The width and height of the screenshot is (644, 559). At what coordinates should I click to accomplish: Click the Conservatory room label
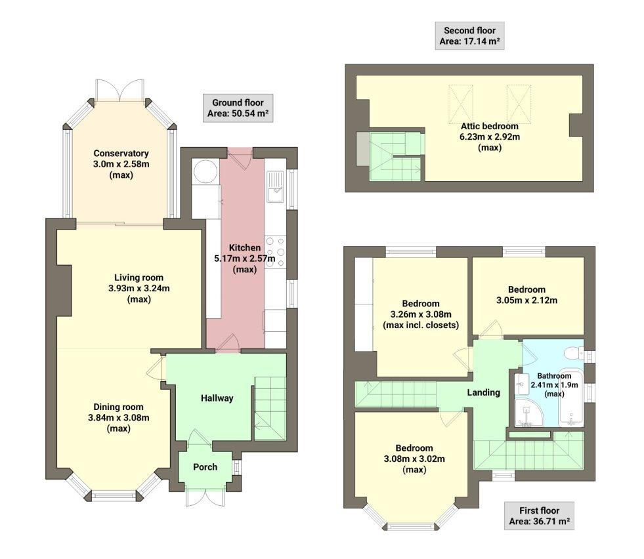click(120, 154)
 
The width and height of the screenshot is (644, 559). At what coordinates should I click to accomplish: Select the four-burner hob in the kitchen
click(275, 250)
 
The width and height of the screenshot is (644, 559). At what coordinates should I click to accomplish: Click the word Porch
click(205, 467)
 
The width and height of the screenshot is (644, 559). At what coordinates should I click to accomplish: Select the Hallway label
click(217, 398)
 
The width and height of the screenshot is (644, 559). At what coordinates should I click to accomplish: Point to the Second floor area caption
click(469, 36)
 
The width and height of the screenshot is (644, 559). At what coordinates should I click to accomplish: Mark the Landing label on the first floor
click(483, 392)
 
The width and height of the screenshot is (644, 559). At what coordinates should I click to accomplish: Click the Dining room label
click(118, 407)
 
